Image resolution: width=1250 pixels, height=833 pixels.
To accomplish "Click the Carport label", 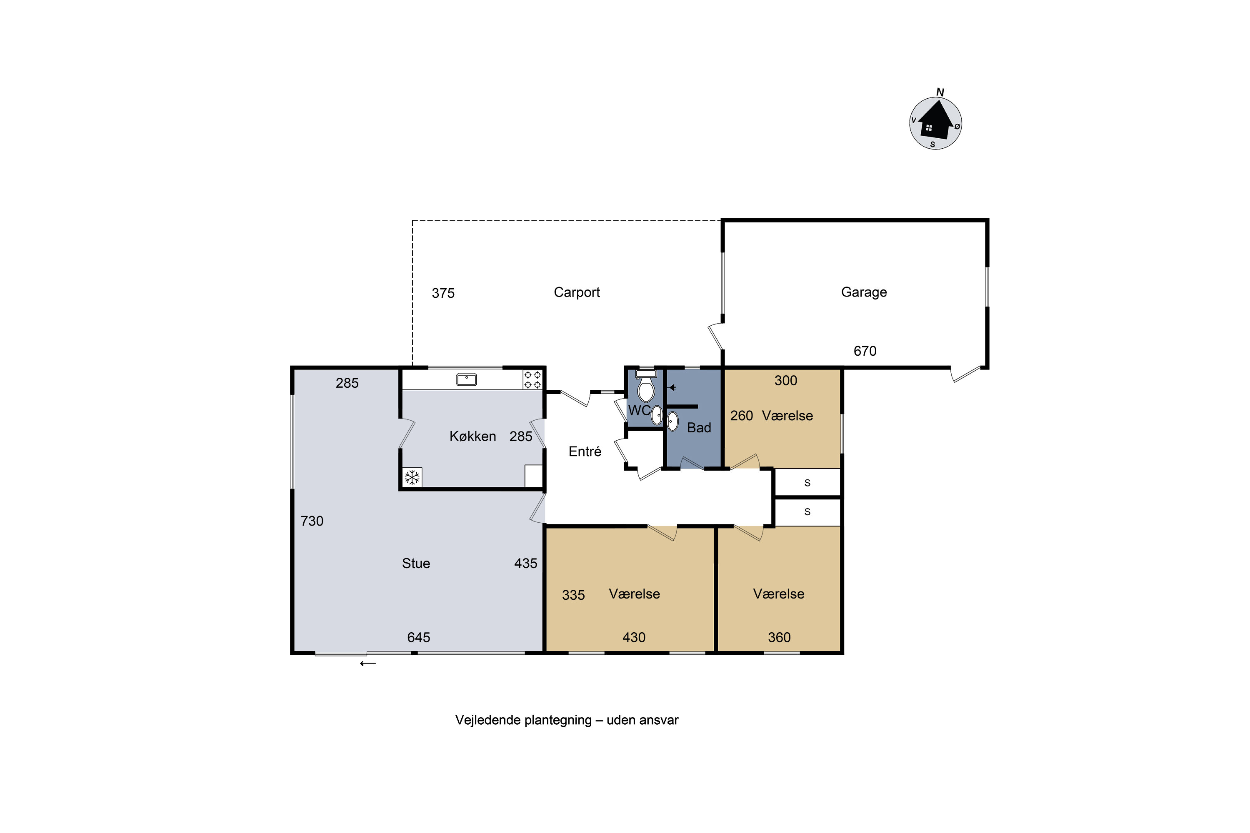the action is [577, 293].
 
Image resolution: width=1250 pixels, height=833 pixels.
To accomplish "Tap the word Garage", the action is [864, 292].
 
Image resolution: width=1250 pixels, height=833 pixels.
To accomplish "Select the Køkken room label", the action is [472, 436].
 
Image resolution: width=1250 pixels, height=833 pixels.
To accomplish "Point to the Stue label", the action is [415, 563].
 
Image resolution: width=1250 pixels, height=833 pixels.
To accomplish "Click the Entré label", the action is [585, 451].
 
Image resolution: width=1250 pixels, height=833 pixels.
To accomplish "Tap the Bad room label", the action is [699, 428].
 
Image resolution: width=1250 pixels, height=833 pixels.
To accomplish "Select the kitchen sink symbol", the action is [467, 380].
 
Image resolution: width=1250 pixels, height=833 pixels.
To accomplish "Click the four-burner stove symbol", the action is [532, 380].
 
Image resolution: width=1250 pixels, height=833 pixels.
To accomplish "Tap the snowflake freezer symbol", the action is [412, 477].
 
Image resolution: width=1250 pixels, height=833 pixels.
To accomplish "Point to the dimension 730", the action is [312, 521].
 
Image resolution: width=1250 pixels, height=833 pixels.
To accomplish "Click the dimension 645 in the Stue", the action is [419, 638].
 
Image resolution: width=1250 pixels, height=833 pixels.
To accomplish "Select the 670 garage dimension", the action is [865, 351].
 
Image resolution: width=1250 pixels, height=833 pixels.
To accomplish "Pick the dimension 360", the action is [779, 638].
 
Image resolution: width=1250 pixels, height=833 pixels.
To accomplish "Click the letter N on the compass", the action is [940, 92].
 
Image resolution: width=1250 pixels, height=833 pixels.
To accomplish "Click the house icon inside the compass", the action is [935, 121].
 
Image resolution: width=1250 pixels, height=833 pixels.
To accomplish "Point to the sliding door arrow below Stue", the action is [368, 663].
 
